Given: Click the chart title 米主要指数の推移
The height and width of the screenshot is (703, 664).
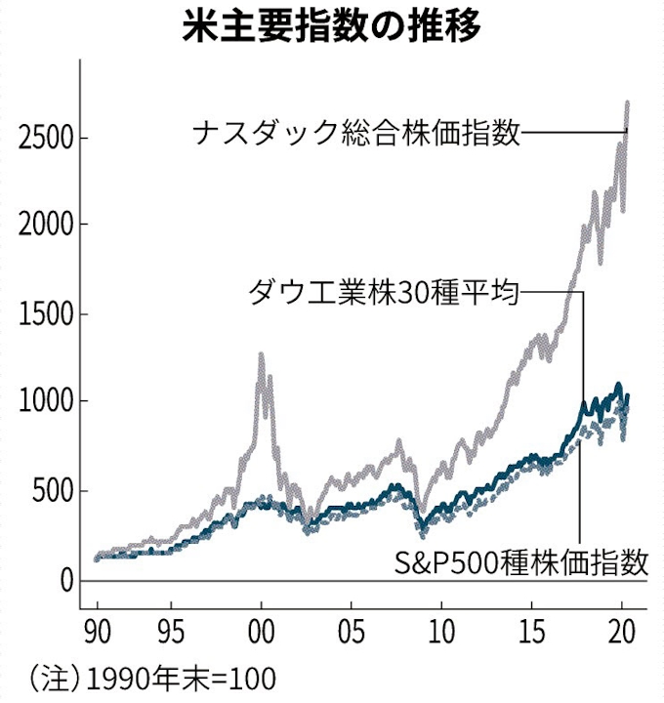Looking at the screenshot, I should tap(332, 24).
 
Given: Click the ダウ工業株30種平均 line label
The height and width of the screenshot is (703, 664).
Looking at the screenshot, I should tap(383, 291).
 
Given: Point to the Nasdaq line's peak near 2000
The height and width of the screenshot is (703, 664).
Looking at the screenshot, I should tap(261, 355).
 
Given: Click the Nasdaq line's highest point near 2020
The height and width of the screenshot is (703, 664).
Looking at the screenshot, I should tap(626, 102).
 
